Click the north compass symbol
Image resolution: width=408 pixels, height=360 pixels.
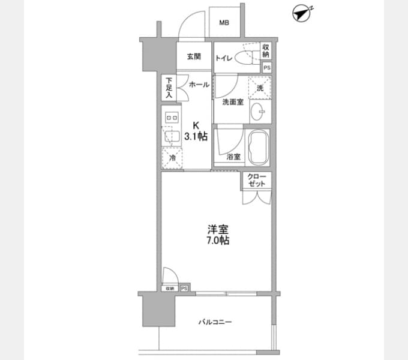[x=302, y=14]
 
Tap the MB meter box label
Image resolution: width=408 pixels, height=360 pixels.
[x=224, y=23]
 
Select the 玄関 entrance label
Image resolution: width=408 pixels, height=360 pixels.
[x=194, y=56]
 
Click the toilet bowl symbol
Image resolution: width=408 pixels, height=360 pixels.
[x=245, y=57]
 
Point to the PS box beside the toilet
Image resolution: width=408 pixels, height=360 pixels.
[x=267, y=68]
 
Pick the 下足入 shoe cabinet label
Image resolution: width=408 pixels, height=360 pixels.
[x=169, y=88]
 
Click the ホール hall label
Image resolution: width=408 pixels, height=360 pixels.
[x=199, y=85]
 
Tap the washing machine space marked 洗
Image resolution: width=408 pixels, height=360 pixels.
[x=260, y=88]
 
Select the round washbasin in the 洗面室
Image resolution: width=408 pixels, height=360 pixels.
[x=258, y=112]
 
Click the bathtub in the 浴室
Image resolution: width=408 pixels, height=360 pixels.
[x=259, y=147]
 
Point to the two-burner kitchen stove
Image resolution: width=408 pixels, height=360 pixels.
[x=172, y=118]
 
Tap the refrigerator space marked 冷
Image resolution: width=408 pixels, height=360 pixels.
[x=172, y=158]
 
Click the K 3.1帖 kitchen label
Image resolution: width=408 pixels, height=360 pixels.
[x=196, y=131]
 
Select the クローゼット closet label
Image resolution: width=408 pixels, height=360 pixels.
[x=257, y=180]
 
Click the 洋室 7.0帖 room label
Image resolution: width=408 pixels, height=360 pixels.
[x=218, y=235]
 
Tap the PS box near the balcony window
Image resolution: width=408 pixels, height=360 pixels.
[x=184, y=289]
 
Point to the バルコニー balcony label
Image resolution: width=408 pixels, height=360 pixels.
[x=215, y=322]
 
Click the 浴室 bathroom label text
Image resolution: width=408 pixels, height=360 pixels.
[x=233, y=157]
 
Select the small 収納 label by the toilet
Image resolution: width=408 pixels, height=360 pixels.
[x=266, y=51]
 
